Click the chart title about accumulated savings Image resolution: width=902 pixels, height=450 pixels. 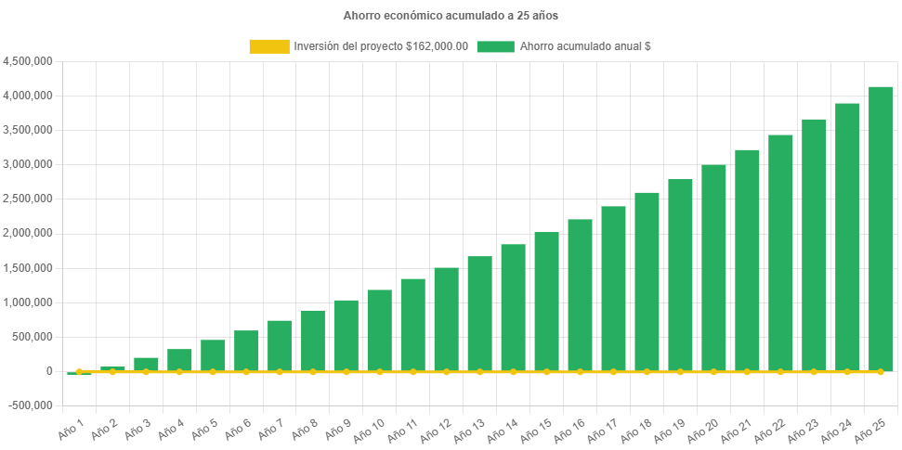pyautogui.click(x=451, y=16)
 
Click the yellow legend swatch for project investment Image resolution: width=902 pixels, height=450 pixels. pyautogui.click(x=268, y=46)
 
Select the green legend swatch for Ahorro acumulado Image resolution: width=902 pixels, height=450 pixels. pyautogui.click(x=495, y=46)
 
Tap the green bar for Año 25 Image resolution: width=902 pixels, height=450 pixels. pyautogui.click(x=881, y=228)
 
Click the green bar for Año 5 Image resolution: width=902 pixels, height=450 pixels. pyautogui.click(x=213, y=355)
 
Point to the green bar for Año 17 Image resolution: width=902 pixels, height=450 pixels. pyautogui.click(x=613, y=289)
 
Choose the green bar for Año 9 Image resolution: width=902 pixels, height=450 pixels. pyautogui.click(x=346, y=335)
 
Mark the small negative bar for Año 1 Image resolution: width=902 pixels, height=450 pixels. pyautogui.click(x=79, y=374)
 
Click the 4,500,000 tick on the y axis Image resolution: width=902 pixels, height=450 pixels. pyautogui.click(x=28, y=61)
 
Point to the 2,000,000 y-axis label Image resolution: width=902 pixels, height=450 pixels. pyautogui.click(x=28, y=233)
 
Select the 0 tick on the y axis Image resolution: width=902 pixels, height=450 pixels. pyautogui.click(x=48, y=371)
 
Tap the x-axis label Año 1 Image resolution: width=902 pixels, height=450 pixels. pyautogui.click(x=71, y=429)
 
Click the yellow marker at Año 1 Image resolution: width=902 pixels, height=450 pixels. pyautogui.click(x=79, y=371)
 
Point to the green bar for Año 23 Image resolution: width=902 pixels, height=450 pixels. pyautogui.click(x=814, y=245)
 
